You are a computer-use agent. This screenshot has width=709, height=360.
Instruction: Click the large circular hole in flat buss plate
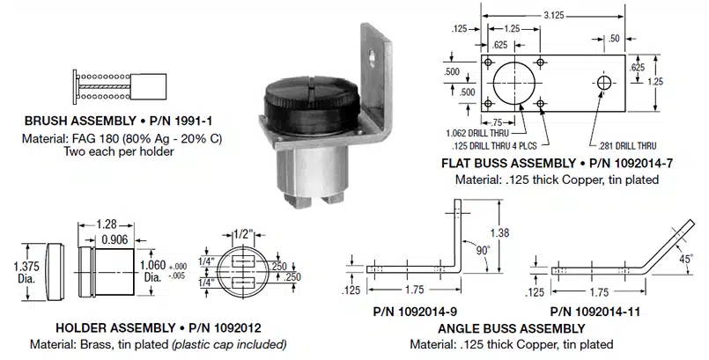[x=513, y=83]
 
